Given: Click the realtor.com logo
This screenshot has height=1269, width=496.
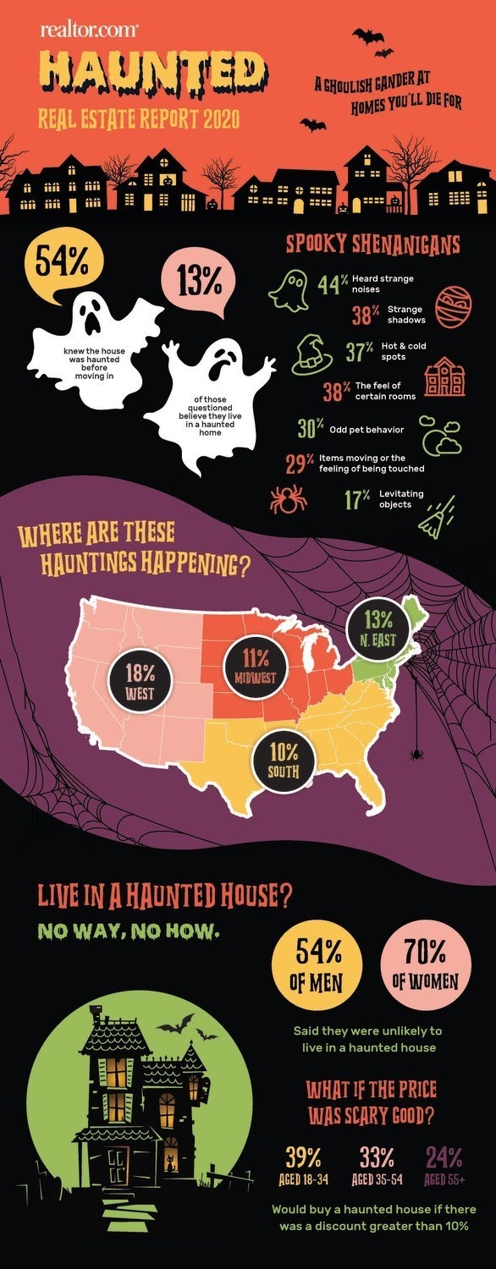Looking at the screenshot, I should click(89, 30).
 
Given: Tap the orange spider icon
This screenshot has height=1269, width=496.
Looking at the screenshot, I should click(289, 499).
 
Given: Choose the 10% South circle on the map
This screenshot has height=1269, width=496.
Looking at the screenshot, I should click(284, 755).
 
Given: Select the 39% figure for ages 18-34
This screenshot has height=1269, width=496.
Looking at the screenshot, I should click(302, 1156).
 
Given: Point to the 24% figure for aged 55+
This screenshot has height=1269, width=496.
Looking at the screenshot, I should click(443, 1156).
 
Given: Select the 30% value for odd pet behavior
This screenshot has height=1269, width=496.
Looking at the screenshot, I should click(311, 429).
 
